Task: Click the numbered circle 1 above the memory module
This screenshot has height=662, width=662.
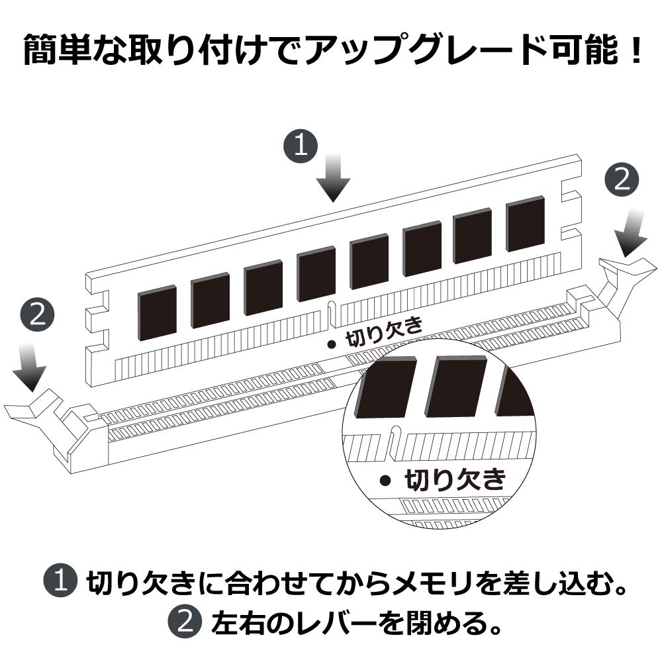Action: (x=300, y=145)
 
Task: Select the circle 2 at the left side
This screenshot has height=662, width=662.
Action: (x=38, y=315)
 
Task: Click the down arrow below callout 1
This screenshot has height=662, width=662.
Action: (x=334, y=177)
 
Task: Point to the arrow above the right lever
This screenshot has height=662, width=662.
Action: (x=631, y=234)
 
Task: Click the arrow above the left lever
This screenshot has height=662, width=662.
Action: (x=29, y=367)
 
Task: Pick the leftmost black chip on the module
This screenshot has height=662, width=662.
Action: (x=157, y=313)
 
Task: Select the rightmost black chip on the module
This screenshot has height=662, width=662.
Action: (x=525, y=224)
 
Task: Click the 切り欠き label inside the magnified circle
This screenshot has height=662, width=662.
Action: (x=455, y=479)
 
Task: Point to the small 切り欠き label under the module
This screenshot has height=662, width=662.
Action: (x=383, y=333)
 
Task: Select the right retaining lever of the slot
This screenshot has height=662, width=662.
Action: (x=621, y=287)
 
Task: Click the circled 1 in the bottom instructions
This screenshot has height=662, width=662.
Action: (x=60, y=582)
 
